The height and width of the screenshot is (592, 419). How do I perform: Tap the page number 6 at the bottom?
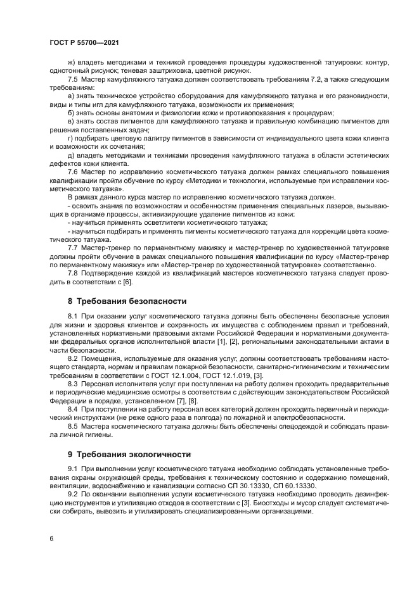51,538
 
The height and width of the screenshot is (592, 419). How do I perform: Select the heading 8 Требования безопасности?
127,301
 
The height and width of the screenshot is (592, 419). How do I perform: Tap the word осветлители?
158,223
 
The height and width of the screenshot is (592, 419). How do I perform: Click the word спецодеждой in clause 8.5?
271,427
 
